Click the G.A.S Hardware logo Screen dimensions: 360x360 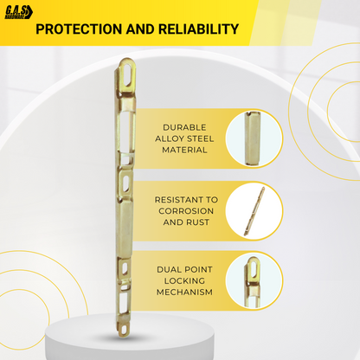point(19,13)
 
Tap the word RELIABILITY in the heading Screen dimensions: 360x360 point(198,29)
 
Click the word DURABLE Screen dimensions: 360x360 point(184,127)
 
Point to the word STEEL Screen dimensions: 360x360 point(199,138)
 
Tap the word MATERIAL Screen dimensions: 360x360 point(184,150)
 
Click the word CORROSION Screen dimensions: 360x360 point(186,211)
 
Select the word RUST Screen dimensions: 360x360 point(199,222)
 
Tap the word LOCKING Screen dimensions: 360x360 point(184,280)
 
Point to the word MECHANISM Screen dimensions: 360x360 point(184,292)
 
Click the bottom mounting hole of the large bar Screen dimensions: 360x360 point(125,329)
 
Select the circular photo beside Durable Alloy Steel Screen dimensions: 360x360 point(254,138)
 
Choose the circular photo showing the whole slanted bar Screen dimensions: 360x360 point(254,211)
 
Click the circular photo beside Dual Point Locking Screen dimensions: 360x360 point(254,281)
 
